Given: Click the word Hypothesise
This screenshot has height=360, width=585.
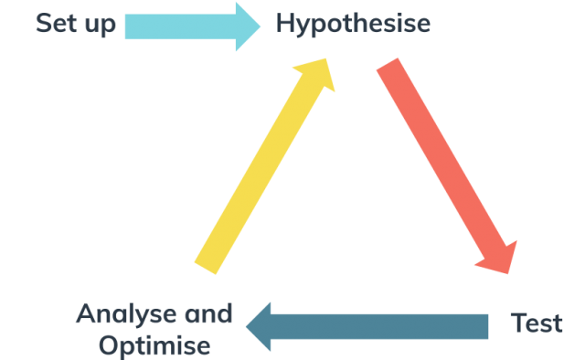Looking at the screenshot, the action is pos(353,25).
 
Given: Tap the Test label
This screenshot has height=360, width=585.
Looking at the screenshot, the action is pos(537,323).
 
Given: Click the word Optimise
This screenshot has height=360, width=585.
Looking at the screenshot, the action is pos(154,346).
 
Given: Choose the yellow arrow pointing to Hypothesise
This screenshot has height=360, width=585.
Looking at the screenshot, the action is pos(264,165).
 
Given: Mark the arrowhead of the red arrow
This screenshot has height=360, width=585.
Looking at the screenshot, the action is pos(498,257).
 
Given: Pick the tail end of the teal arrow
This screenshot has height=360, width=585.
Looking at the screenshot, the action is pos(483,326).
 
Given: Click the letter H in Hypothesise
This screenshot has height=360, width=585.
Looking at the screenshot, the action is pos(285,24).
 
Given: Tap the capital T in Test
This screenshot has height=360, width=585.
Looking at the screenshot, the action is pos(517,323).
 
